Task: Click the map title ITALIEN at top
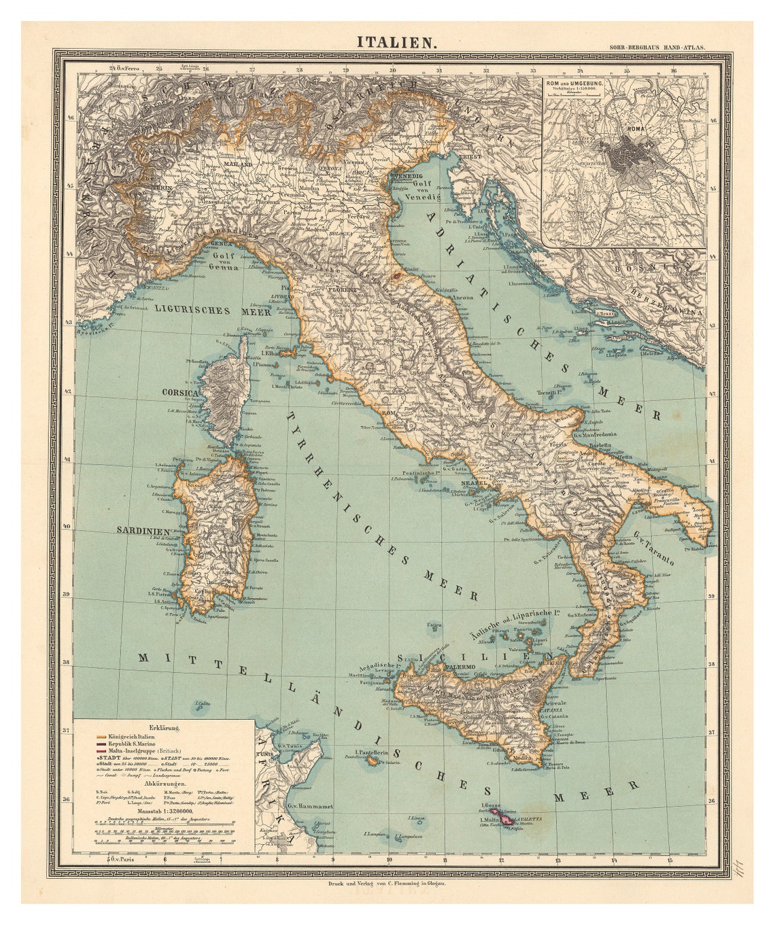point(398,42)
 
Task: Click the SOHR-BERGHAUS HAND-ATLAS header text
point(658,48)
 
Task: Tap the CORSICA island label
point(179,393)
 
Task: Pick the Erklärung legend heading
point(165,728)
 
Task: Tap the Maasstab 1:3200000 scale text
point(165,811)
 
